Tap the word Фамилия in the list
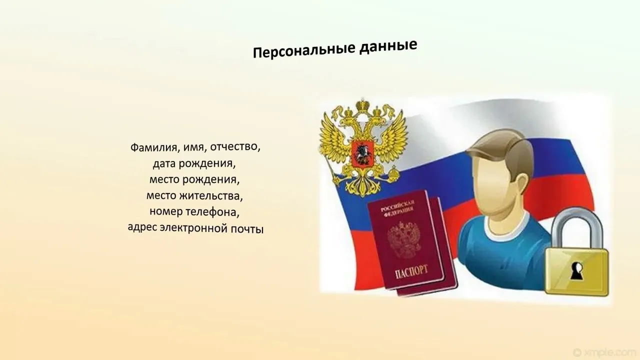153,147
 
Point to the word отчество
235,147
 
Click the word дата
164,163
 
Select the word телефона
212,212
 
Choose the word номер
165,211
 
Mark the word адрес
142,227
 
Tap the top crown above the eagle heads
363,105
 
